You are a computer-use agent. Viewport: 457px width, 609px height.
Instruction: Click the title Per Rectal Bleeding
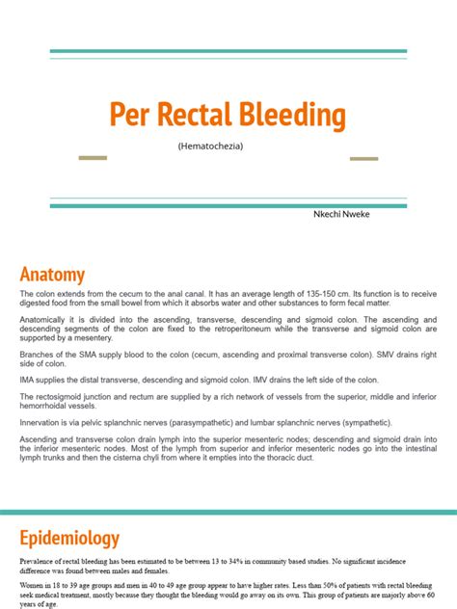point(228,116)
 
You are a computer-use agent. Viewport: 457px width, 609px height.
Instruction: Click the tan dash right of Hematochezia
point(363,158)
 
